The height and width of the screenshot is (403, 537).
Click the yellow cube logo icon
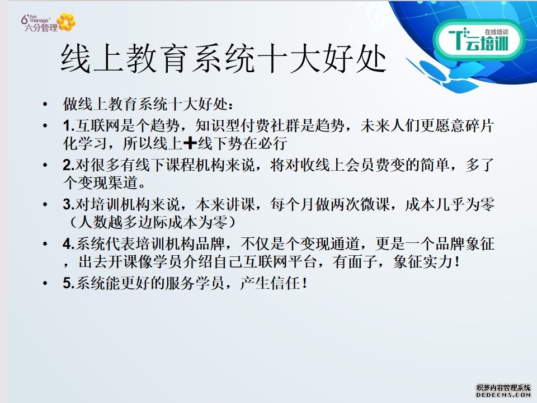tap(66, 22)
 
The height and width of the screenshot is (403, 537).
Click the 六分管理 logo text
tap(41, 28)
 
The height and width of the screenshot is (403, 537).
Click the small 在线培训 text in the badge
tap(496, 32)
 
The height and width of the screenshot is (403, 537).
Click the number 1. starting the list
tap(68, 126)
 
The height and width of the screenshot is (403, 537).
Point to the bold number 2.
tap(68, 165)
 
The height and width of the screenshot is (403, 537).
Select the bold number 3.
tap(68, 205)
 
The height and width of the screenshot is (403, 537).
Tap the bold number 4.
tap(68, 244)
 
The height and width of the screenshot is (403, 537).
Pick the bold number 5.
tap(68, 283)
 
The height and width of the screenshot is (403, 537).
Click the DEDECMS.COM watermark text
tap(503, 395)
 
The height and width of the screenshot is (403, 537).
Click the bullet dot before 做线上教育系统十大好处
tap(45, 104)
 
